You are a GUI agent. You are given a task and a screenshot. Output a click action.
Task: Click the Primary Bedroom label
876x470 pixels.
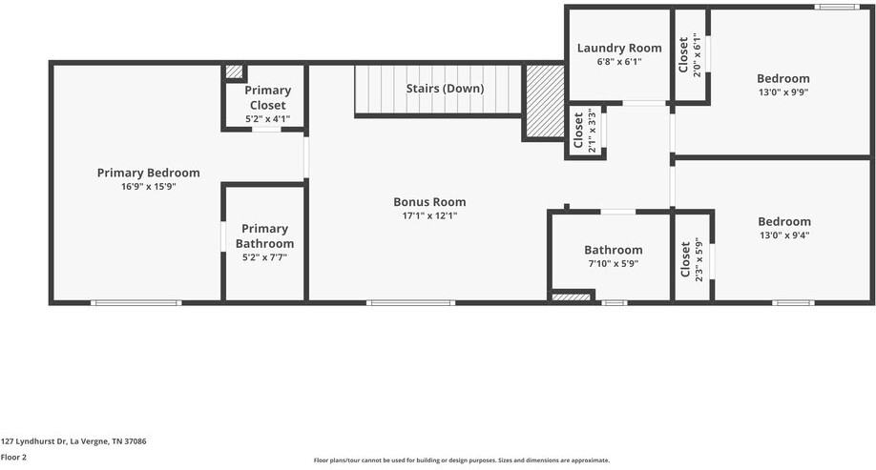(148, 173)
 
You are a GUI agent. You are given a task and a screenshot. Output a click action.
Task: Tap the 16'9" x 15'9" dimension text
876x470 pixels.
(148, 187)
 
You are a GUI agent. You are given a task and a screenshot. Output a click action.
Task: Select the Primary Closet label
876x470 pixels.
(267, 97)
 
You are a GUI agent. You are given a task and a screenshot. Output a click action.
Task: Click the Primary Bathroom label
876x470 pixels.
(264, 235)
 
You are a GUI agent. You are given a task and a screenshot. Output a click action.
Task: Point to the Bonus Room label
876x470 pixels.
(429, 201)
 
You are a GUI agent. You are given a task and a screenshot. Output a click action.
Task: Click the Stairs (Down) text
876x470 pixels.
(445, 89)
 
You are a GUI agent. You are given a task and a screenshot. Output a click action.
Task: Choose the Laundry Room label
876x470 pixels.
(619, 48)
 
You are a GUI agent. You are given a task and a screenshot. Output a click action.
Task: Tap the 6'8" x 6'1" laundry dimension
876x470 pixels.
(619, 62)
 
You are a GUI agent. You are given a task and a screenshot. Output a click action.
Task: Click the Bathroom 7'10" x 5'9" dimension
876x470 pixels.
(614, 264)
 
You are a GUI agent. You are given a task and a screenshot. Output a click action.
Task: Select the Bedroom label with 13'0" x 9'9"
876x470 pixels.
(782, 78)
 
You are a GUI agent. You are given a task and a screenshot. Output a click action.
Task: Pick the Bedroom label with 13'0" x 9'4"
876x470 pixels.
(784, 221)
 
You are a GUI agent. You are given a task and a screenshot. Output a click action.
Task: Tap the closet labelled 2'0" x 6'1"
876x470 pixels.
(689, 56)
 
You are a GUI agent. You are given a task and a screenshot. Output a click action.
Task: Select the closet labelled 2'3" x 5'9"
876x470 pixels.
(691, 258)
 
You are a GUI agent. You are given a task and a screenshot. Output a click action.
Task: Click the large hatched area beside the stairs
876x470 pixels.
(545, 101)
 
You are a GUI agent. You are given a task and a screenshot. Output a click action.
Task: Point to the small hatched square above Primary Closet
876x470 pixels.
(234, 72)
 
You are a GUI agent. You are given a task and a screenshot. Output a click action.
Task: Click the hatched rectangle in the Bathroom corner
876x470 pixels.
(571, 297)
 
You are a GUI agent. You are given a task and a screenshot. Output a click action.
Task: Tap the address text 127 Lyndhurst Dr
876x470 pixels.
(73, 441)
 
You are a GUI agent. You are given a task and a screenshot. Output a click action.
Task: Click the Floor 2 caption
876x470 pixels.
(14, 457)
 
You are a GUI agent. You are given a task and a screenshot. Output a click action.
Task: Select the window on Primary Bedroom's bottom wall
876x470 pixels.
(136, 303)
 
